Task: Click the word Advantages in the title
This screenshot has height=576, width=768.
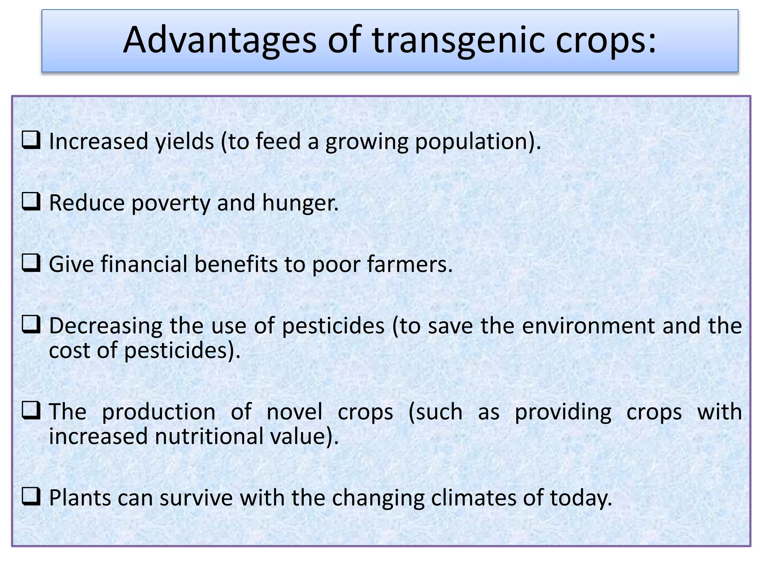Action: click(220, 40)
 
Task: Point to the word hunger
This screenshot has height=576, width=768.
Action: click(300, 204)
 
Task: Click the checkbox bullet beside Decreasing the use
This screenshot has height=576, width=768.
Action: click(31, 324)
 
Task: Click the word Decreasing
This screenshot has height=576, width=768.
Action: click(105, 327)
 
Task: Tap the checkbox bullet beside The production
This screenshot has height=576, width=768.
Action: click(31, 410)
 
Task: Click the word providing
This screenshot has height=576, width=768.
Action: click(563, 412)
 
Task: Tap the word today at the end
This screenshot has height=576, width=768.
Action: click(580, 499)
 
